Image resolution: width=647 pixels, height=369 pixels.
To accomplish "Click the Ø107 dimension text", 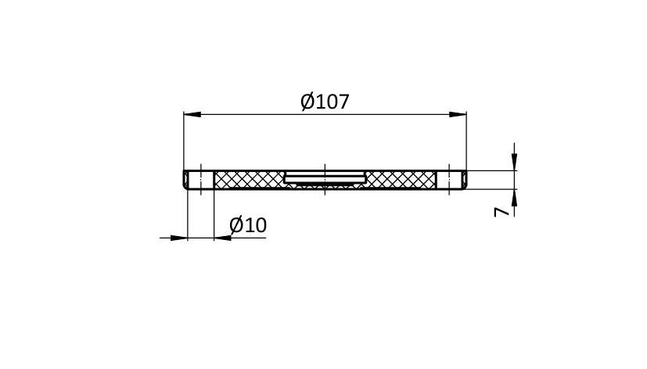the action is point(325,102).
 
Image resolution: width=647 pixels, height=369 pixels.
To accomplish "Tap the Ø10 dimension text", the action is point(248,225).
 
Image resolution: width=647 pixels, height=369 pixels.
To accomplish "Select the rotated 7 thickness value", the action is point(501,212).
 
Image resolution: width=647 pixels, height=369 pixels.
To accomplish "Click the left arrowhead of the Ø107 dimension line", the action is point(192,114).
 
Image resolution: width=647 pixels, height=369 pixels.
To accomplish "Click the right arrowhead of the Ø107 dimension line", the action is point(458,114).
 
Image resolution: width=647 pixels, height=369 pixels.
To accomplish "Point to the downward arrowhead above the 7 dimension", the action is point(514,162).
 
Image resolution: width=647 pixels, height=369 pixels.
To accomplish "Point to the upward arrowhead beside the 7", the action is point(514,198).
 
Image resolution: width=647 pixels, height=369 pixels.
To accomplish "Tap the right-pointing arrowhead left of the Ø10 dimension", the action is point(178,238).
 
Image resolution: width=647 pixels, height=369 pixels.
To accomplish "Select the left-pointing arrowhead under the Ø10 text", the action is point(223,238).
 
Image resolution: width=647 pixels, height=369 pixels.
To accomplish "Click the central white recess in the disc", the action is point(325,178).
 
